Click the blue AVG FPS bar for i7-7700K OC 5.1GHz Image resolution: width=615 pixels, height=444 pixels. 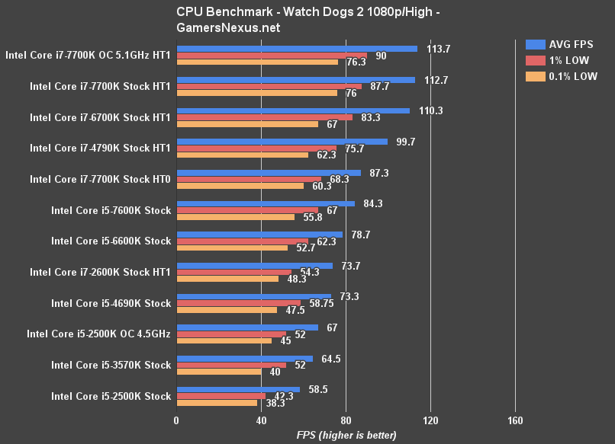(x=297, y=49)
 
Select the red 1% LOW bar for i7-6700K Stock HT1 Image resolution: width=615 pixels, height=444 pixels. (x=264, y=117)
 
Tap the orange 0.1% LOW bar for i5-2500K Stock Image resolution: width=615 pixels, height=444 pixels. (x=217, y=403)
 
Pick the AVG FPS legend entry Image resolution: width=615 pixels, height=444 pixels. (x=559, y=44)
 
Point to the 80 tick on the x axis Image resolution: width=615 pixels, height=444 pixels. (x=346, y=421)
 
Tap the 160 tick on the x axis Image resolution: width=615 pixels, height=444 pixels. (x=514, y=421)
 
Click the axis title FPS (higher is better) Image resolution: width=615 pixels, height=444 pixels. (x=346, y=435)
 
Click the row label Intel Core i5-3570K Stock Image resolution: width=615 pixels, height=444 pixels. (x=111, y=365)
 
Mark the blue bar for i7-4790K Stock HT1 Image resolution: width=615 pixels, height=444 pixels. (x=282, y=142)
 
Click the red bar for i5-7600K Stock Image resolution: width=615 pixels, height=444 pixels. (x=247, y=210)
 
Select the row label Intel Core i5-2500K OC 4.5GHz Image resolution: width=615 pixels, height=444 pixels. (x=98, y=334)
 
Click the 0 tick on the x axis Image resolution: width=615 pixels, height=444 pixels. (x=176, y=421)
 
